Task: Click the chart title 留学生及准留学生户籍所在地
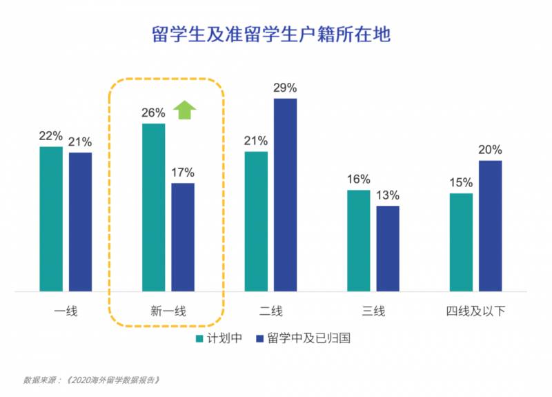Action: click(x=271, y=35)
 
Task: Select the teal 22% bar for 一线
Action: click(x=51, y=219)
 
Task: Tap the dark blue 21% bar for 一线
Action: click(x=80, y=222)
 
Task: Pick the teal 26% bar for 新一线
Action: click(x=153, y=207)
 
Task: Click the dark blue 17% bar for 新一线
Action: click(x=183, y=237)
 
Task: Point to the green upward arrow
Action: click(x=184, y=110)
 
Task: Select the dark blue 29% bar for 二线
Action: click(x=285, y=195)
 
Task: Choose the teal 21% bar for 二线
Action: click(x=256, y=221)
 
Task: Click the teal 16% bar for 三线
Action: click(x=359, y=240)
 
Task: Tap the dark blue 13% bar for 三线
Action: click(x=388, y=249)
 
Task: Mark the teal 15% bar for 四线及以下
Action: click(x=461, y=242)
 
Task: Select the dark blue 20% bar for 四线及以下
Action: click(x=490, y=226)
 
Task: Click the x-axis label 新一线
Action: click(x=168, y=311)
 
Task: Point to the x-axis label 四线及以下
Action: click(x=475, y=311)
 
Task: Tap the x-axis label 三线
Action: click(x=373, y=311)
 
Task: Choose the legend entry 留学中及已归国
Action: click(x=304, y=339)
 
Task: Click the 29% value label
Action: click(x=285, y=88)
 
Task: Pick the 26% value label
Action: click(x=153, y=113)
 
